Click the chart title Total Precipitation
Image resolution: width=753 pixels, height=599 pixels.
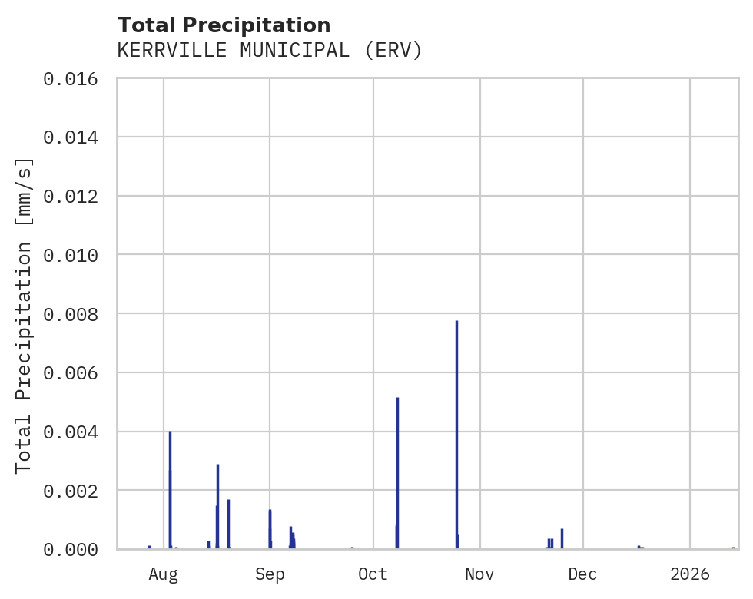coord(224,25)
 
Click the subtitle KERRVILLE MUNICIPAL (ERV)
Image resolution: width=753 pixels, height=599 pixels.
coord(270,51)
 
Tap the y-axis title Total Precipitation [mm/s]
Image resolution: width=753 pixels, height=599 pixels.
coord(25,315)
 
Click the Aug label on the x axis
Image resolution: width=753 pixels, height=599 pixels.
coord(164,574)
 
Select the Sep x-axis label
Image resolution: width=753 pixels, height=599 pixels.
coord(270,574)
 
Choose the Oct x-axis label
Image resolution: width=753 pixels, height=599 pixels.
coord(373,574)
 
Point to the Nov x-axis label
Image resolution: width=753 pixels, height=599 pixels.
coord(479,574)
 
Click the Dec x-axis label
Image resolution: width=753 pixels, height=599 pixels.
coord(583,574)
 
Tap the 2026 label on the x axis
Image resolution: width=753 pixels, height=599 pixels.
coord(689,574)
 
